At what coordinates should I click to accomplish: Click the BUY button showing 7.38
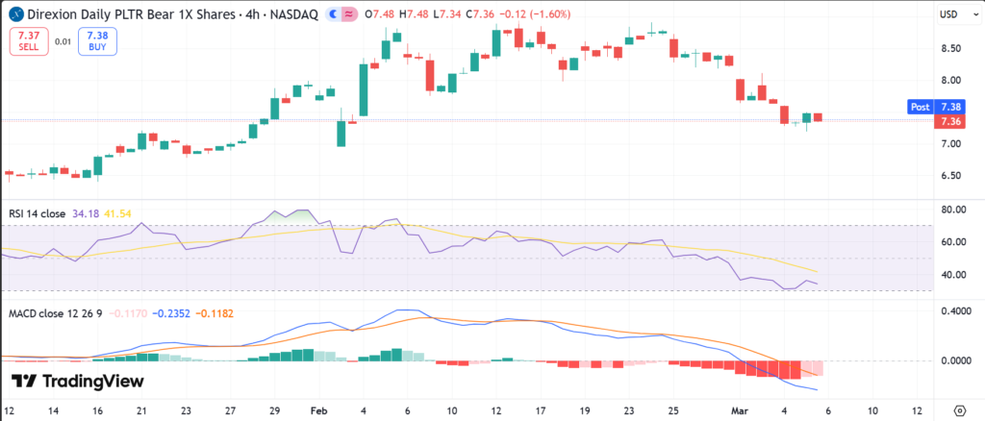point(93,40)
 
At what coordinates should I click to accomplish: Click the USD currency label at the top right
point(948,13)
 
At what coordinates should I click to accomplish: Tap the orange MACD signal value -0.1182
point(204,313)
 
